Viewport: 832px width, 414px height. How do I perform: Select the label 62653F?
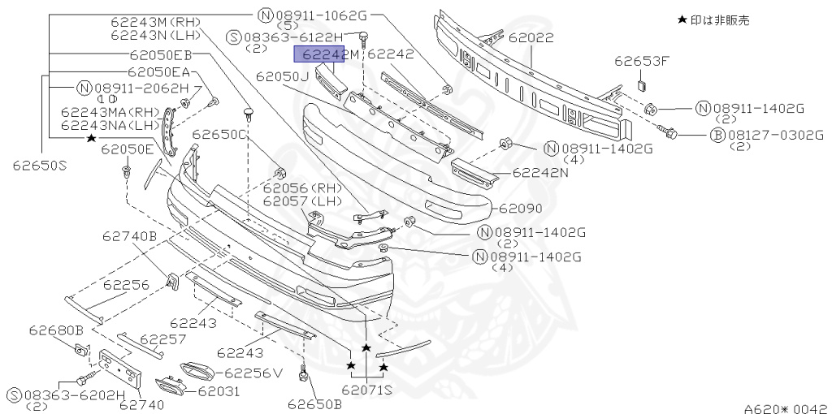click(x=642, y=60)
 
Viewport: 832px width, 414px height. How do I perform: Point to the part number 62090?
click(x=521, y=209)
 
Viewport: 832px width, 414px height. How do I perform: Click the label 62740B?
click(x=129, y=236)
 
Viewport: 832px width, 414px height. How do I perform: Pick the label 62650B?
click(x=314, y=403)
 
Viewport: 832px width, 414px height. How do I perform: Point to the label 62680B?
click(x=56, y=330)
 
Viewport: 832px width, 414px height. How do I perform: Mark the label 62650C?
click(x=219, y=134)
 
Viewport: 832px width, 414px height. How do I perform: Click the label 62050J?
click(x=282, y=76)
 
